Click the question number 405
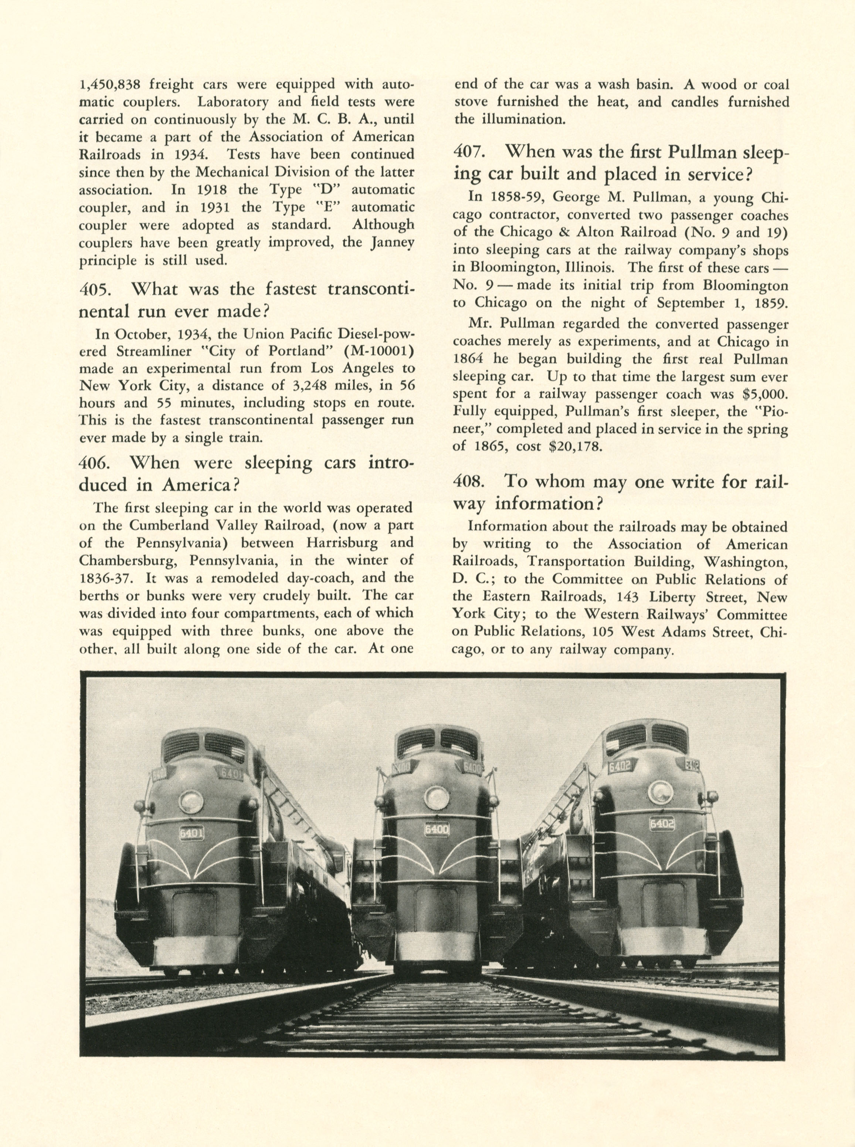click(x=95, y=289)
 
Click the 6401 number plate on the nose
click(x=191, y=833)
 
